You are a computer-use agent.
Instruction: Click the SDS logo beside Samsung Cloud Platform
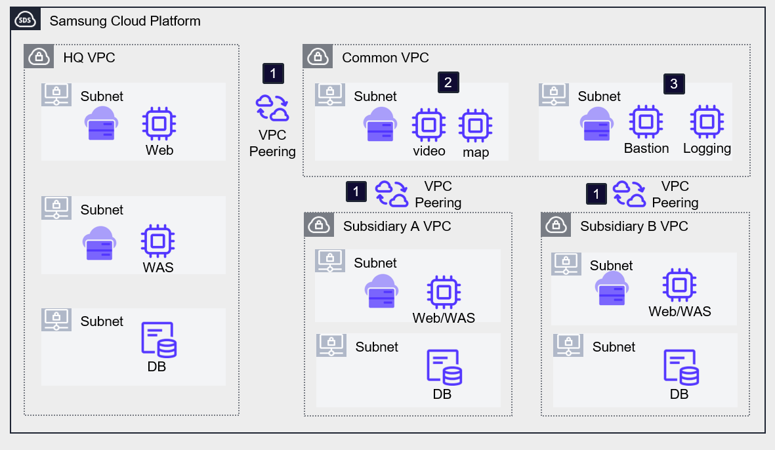pyautogui.click(x=25, y=20)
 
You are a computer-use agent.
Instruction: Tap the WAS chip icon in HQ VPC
pyautogui.click(x=158, y=241)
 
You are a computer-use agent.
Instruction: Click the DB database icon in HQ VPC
pyautogui.click(x=159, y=339)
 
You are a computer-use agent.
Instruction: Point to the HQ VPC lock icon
pyautogui.click(x=39, y=56)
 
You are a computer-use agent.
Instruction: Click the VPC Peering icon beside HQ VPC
pyautogui.click(x=272, y=108)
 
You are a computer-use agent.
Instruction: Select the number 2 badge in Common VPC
pyautogui.click(x=448, y=83)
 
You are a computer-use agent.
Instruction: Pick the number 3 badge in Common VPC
pyautogui.click(x=673, y=83)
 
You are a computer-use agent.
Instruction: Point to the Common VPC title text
pyautogui.click(x=385, y=58)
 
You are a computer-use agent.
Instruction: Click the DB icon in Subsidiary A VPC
pyautogui.click(x=444, y=368)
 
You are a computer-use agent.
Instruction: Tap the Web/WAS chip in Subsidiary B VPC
pyautogui.click(x=679, y=285)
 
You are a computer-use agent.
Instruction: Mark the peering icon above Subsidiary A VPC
pyautogui.click(x=392, y=194)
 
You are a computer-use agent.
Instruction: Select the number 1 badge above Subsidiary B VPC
pyautogui.click(x=596, y=194)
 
